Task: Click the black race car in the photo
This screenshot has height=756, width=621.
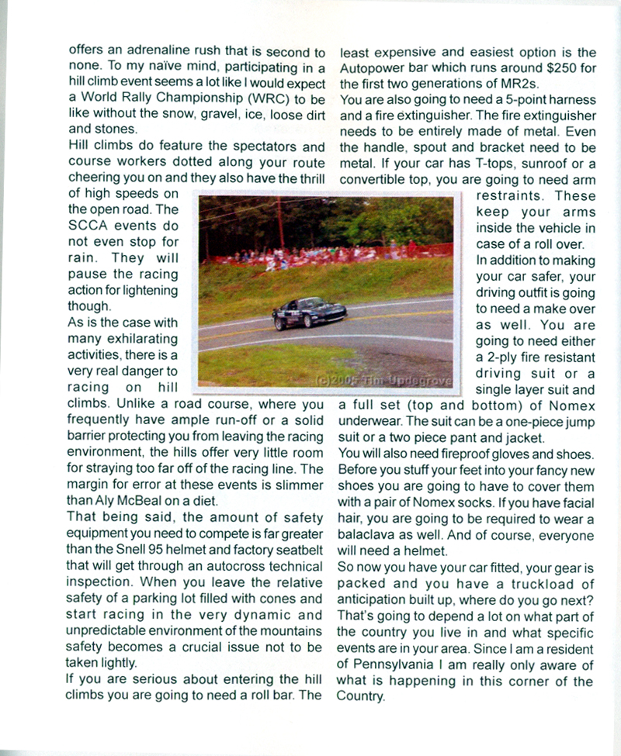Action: [309, 312]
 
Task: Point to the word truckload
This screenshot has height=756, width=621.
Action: [535, 584]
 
